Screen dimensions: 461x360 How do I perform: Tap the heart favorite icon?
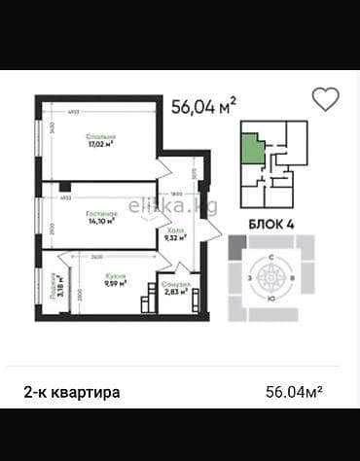pos(325,99)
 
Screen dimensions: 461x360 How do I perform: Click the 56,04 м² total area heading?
pos(203,106)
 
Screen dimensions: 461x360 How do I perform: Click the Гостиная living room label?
pos(101,211)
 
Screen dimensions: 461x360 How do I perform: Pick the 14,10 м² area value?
pos(102,220)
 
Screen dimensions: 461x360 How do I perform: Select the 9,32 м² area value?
pos(175,238)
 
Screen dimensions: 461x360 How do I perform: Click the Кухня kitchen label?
pos(116,275)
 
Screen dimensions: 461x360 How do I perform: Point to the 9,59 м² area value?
pos(116,284)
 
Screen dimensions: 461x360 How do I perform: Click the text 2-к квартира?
pos(72,392)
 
